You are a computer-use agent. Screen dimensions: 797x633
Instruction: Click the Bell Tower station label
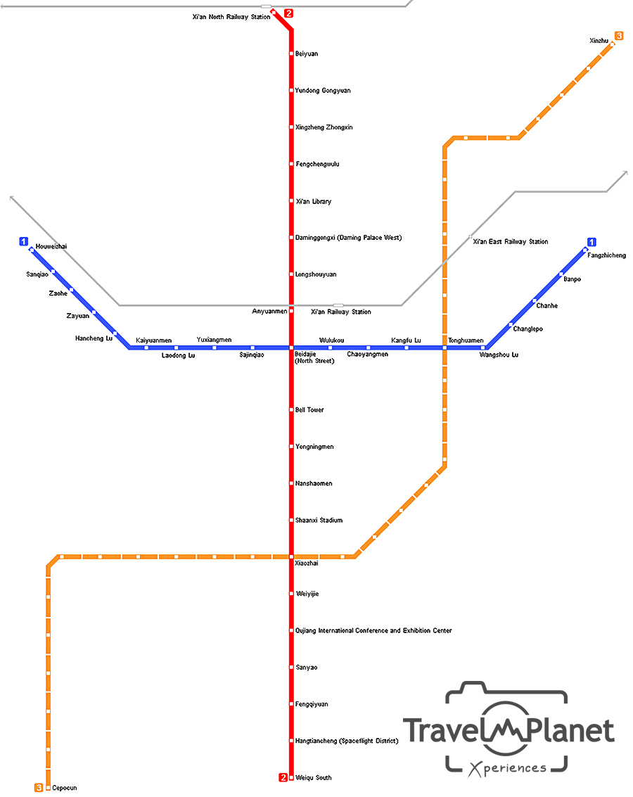click(x=309, y=410)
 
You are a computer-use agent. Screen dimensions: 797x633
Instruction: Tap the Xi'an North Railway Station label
click(x=231, y=17)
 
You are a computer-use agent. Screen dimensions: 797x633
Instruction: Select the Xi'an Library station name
click(x=313, y=202)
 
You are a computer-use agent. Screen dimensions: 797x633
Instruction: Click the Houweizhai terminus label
click(x=51, y=246)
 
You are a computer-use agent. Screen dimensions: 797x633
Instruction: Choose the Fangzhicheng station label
click(x=606, y=255)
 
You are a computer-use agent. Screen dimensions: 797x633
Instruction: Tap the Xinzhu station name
click(x=599, y=41)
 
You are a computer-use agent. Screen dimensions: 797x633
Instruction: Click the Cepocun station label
click(x=65, y=788)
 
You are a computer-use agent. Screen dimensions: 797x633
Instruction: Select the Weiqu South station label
click(x=314, y=777)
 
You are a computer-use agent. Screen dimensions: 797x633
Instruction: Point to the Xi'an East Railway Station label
click(x=510, y=242)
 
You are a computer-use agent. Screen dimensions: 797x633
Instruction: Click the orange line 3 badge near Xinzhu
click(x=619, y=36)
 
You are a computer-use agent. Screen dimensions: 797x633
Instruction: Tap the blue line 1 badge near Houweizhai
click(x=24, y=241)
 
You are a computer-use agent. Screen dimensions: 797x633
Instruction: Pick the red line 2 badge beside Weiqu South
click(x=283, y=777)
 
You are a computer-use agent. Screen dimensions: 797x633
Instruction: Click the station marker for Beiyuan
click(x=290, y=53)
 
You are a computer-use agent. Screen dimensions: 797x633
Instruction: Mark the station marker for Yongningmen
click(x=290, y=447)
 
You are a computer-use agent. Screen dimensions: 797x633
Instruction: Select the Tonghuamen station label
click(x=466, y=340)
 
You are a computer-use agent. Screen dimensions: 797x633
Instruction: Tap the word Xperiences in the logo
click(x=507, y=767)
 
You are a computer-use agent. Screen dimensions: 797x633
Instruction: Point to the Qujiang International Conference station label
click(x=373, y=631)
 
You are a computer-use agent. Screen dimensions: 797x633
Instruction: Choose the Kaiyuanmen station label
click(x=153, y=340)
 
